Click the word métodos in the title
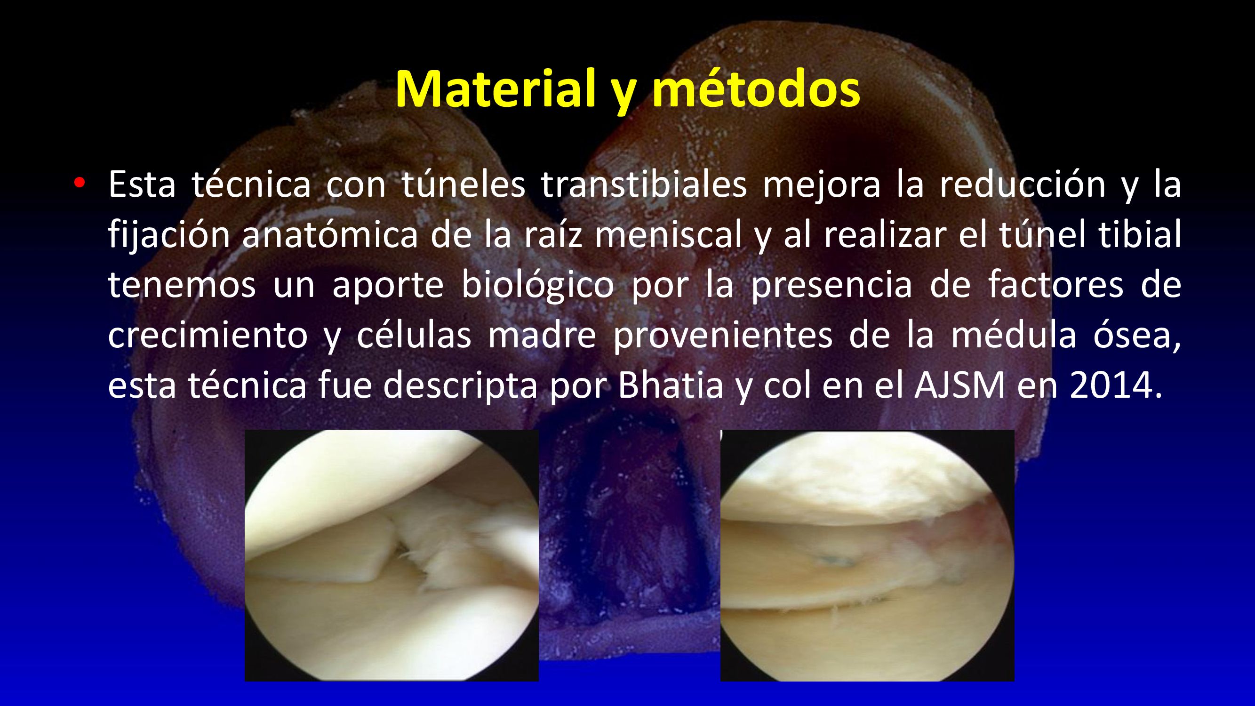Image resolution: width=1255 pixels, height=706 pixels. (756, 89)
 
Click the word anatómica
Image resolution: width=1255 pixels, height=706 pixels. (330, 234)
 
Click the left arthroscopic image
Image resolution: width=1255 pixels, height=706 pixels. (392, 555)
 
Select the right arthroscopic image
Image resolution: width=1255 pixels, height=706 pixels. (867, 555)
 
